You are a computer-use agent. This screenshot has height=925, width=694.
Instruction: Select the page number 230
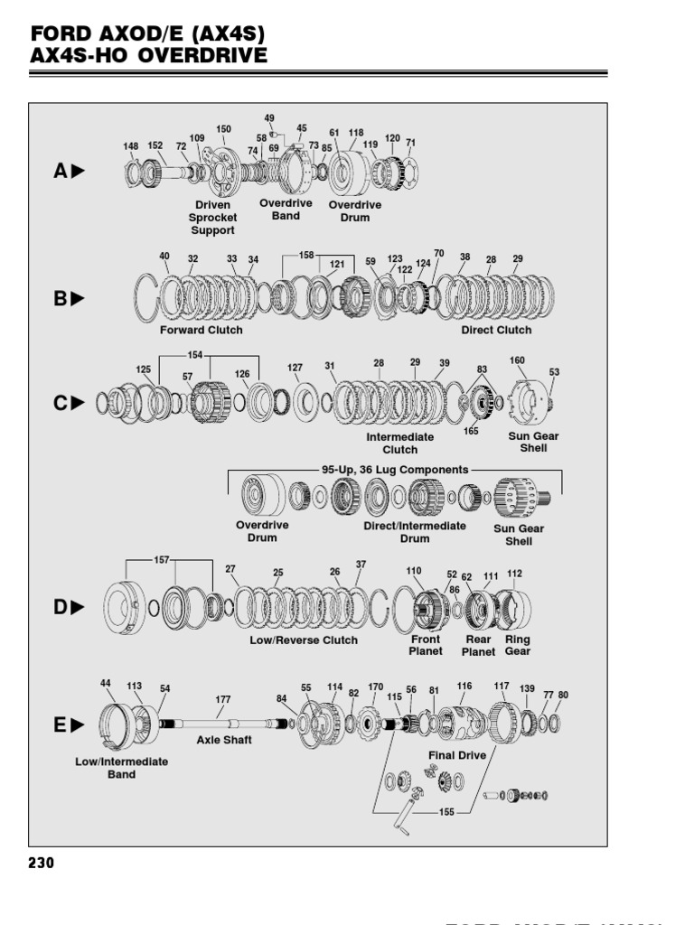[42, 863]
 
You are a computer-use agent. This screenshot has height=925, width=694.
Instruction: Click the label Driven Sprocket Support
[212, 218]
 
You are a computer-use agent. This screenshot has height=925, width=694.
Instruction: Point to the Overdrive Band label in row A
[286, 210]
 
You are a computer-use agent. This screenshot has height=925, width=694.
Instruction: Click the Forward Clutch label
[202, 330]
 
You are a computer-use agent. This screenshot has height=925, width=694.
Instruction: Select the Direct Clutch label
[496, 330]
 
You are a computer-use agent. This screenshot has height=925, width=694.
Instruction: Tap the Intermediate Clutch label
[399, 443]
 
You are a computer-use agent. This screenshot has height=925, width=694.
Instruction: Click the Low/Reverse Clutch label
[304, 640]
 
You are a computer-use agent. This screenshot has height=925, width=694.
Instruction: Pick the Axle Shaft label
[224, 739]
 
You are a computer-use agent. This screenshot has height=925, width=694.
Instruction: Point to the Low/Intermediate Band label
[121, 768]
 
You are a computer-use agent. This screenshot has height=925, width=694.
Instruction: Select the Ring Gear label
[518, 645]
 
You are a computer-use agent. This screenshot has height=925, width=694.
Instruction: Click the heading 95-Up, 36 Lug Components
[395, 470]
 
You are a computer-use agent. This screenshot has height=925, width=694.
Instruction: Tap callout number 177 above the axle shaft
[223, 699]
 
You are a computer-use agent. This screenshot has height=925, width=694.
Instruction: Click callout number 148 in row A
[132, 145]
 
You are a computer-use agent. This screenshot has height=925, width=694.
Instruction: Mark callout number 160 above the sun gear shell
[517, 361]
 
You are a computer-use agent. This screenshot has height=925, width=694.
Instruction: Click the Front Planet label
[426, 645]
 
